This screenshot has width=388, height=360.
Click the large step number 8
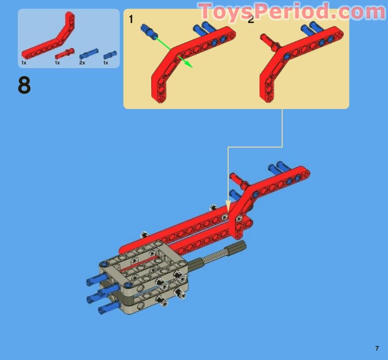(24, 86)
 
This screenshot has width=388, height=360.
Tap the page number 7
(377, 348)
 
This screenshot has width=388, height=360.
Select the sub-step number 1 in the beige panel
(131, 19)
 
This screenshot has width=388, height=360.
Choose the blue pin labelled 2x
(88, 54)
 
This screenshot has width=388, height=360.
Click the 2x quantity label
(82, 63)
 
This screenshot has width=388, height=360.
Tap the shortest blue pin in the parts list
(110, 55)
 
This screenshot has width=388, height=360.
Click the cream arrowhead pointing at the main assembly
(229, 206)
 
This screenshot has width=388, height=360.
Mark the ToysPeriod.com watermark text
(288, 11)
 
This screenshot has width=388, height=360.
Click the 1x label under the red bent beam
(24, 63)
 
